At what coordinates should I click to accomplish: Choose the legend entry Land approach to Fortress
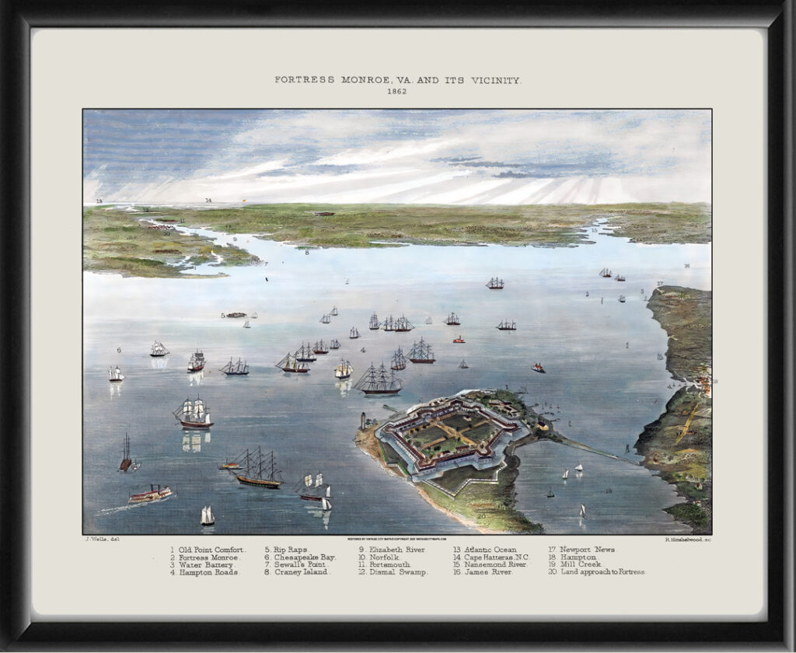click(602, 572)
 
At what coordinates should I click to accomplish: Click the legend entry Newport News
click(587, 550)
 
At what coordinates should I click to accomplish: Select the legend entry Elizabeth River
click(396, 550)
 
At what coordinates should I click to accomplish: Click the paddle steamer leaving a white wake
click(150, 494)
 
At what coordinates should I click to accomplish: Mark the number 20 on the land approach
click(482, 516)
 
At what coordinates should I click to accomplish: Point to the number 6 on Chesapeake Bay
click(119, 350)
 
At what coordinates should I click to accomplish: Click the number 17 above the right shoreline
click(659, 284)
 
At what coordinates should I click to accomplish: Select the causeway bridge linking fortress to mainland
click(591, 449)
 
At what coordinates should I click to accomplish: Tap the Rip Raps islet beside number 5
click(236, 315)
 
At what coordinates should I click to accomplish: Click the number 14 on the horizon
click(208, 201)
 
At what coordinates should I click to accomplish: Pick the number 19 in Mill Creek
click(609, 491)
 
